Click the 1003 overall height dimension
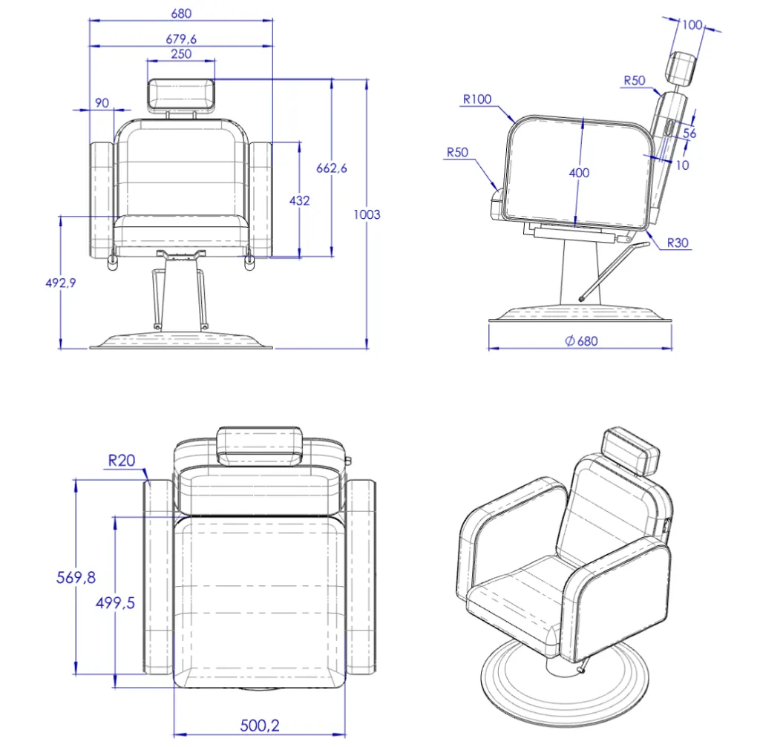point(367,214)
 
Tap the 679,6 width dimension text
point(181,39)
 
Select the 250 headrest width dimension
point(181,53)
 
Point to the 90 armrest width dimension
point(102,102)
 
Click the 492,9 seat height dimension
point(61,283)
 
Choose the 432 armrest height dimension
point(299,200)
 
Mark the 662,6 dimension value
point(332,168)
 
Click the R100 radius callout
point(477,99)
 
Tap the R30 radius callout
point(678,243)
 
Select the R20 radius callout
point(122,460)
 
